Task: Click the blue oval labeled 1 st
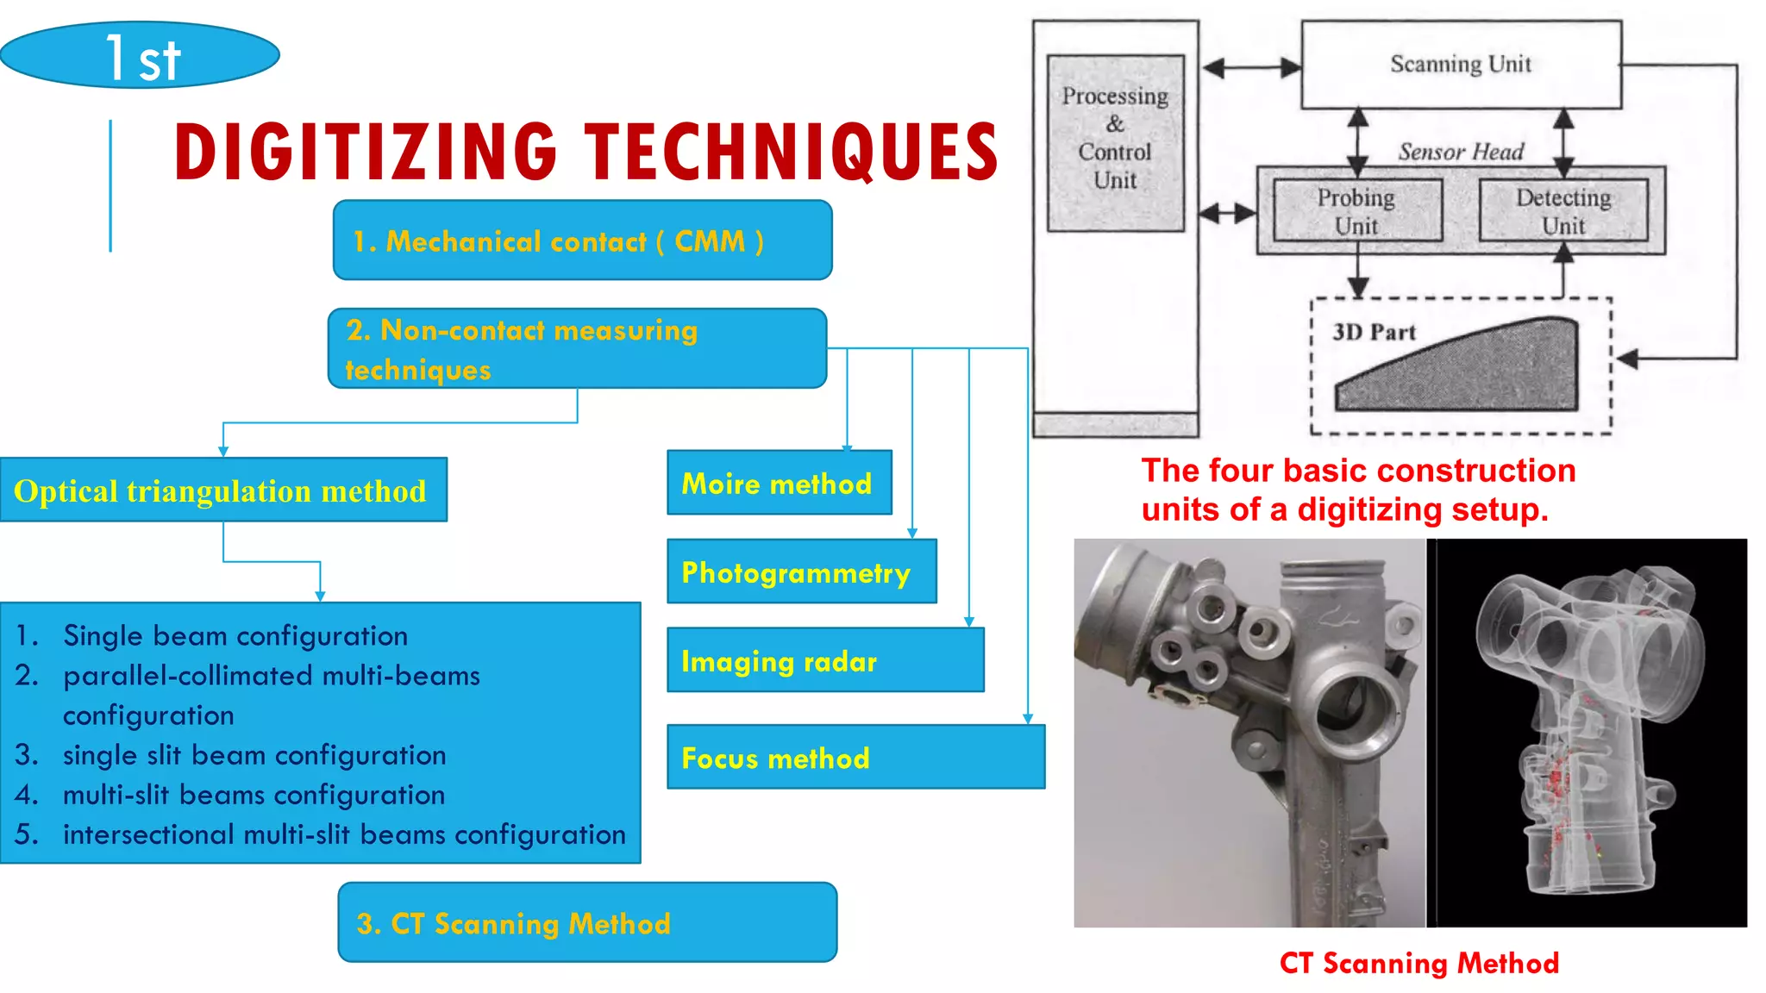140,56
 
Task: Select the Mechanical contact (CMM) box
582,240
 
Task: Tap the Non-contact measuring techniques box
576,349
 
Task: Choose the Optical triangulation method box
222,490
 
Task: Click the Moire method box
779,484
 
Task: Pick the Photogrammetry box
801,572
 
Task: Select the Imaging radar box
824,661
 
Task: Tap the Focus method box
855,758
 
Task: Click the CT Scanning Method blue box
586,923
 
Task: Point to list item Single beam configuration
235,636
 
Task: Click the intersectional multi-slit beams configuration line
343,834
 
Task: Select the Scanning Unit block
1461,65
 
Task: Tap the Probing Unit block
1356,211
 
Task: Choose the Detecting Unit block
1562,211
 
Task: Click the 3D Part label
1374,333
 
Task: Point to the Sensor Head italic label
1461,153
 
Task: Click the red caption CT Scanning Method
1418,963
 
